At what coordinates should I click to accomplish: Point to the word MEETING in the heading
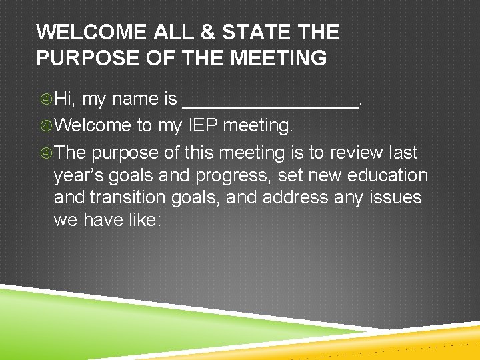[279, 58]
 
